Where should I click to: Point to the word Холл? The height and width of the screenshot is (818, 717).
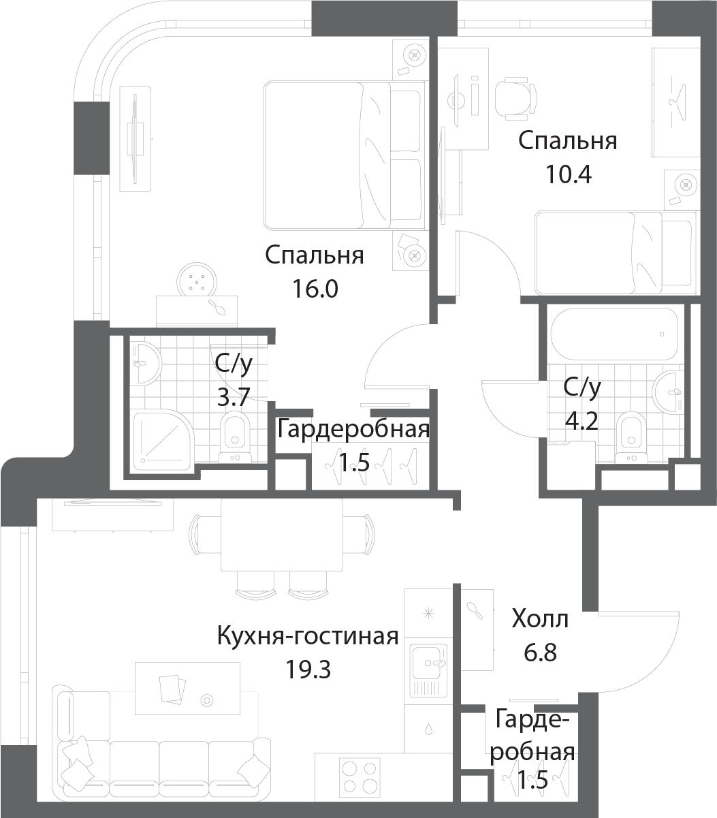[x=540, y=620]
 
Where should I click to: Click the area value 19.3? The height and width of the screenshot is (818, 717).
[x=308, y=670]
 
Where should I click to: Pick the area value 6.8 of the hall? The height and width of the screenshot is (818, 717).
[x=541, y=653]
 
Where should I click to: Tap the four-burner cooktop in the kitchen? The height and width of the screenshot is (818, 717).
[x=358, y=776]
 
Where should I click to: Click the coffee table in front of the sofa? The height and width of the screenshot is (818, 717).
[x=187, y=687]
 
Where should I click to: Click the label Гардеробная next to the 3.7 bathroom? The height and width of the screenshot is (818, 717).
[x=353, y=430]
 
